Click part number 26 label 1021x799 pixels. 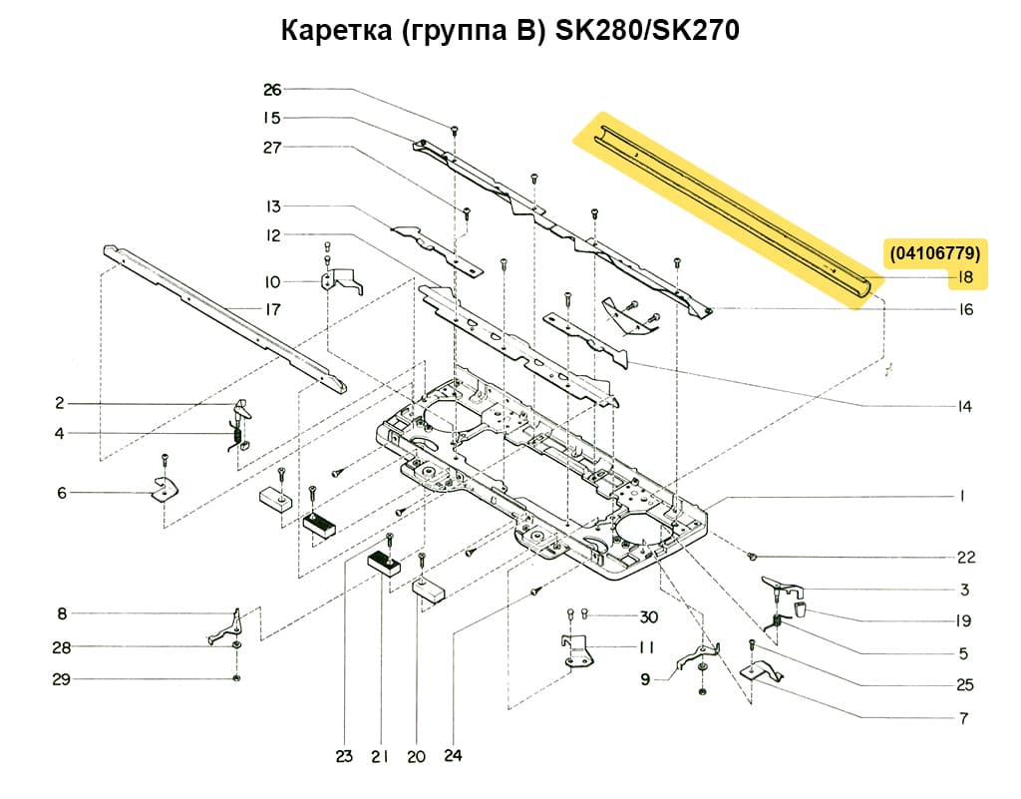(272, 90)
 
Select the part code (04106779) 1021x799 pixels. (935, 253)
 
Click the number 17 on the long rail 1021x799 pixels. (272, 309)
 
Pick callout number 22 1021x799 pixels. (965, 557)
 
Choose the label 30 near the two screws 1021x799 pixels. (649, 615)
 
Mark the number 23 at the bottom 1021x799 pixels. (344, 757)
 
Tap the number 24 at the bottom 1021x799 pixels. (454, 757)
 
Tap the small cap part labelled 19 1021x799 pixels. (801, 608)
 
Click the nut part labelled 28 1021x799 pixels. (235, 648)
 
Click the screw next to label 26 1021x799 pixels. (455, 129)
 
